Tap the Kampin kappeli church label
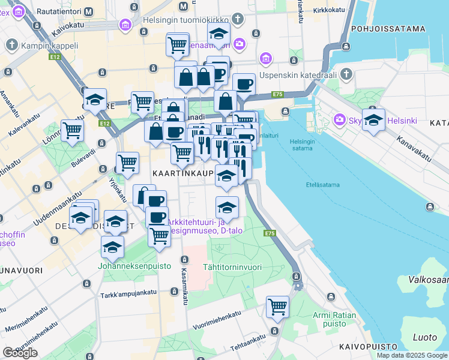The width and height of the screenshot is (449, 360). [x=50, y=45]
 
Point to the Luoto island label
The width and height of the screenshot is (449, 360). [x=426, y=337]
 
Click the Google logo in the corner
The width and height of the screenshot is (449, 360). [x=20, y=352]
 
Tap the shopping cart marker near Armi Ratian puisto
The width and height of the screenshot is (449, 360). [x=278, y=307]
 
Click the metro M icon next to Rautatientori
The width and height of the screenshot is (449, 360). [x=89, y=11]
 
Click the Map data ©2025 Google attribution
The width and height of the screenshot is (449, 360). [x=411, y=355]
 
